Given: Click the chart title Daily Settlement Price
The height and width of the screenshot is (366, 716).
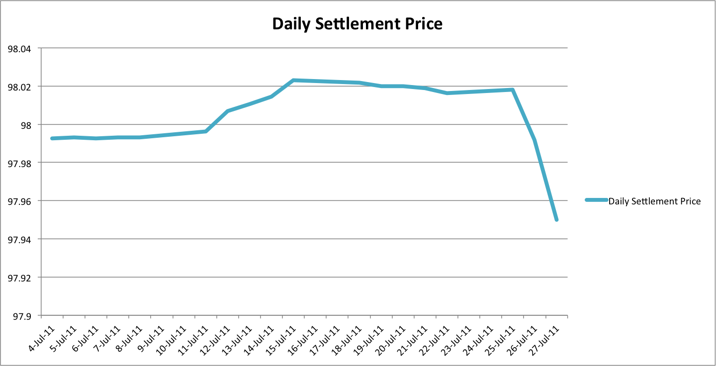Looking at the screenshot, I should tap(357, 23).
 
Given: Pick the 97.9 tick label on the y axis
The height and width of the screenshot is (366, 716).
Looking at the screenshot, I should tap(22, 316).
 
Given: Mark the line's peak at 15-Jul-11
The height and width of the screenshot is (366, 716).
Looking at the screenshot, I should tap(293, 80).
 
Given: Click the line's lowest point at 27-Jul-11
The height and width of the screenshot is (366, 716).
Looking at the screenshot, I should tap(556, 220).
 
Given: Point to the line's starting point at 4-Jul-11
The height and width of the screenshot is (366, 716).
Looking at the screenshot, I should tap(52, 138).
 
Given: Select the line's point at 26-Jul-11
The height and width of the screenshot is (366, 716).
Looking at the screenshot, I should tap(535, 140).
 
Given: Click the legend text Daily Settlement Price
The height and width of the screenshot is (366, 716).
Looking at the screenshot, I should tap(654, 201).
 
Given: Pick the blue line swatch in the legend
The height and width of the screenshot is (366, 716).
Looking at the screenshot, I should tap(596, 200).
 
